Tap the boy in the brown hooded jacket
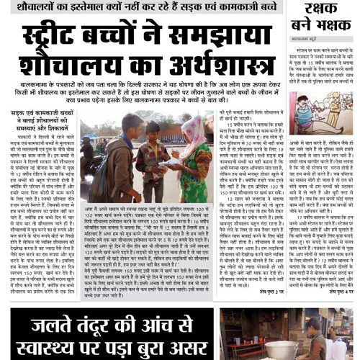pyautogui.click(x=108, y=158)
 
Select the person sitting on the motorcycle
pyautogui.click(x=86, y=151)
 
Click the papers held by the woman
pyautogui.click(x=172, y=164)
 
